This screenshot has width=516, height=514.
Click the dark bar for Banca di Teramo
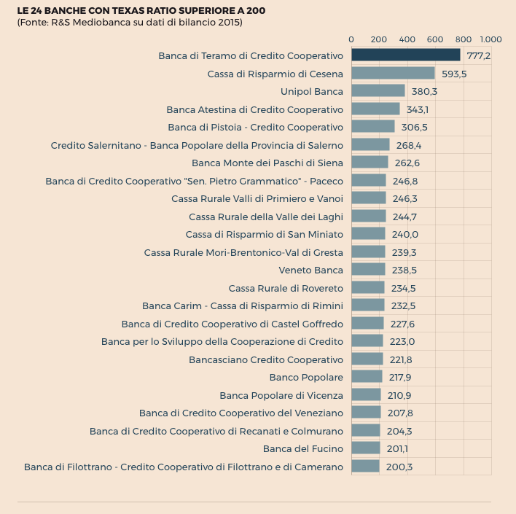point(406,55)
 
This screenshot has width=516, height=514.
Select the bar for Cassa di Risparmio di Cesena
point(393,74)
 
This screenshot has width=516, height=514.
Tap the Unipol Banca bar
point(378,91)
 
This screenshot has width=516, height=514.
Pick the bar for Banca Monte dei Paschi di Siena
point(370,163)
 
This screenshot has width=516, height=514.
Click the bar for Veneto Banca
point(368,270)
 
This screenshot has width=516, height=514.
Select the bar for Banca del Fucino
point(365,448)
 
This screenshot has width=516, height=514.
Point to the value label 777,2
point(478,56)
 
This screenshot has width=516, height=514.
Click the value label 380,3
point(424,92)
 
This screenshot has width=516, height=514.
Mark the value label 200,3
point(399,467)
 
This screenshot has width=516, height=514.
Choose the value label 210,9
point(399,395)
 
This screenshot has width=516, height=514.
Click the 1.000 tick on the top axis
point(490,39)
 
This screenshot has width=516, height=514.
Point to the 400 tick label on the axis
point(407,39)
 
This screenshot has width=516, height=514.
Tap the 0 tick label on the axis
point(351,39)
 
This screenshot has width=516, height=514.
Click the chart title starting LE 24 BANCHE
point(141,11)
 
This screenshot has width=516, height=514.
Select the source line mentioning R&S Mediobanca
point(130,23)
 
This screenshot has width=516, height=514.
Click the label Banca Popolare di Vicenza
point(281,395)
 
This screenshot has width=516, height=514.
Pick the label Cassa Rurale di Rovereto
point(286,288)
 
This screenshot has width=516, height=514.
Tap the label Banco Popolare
point(306,377)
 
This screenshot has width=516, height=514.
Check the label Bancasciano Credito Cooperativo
point(266,359)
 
